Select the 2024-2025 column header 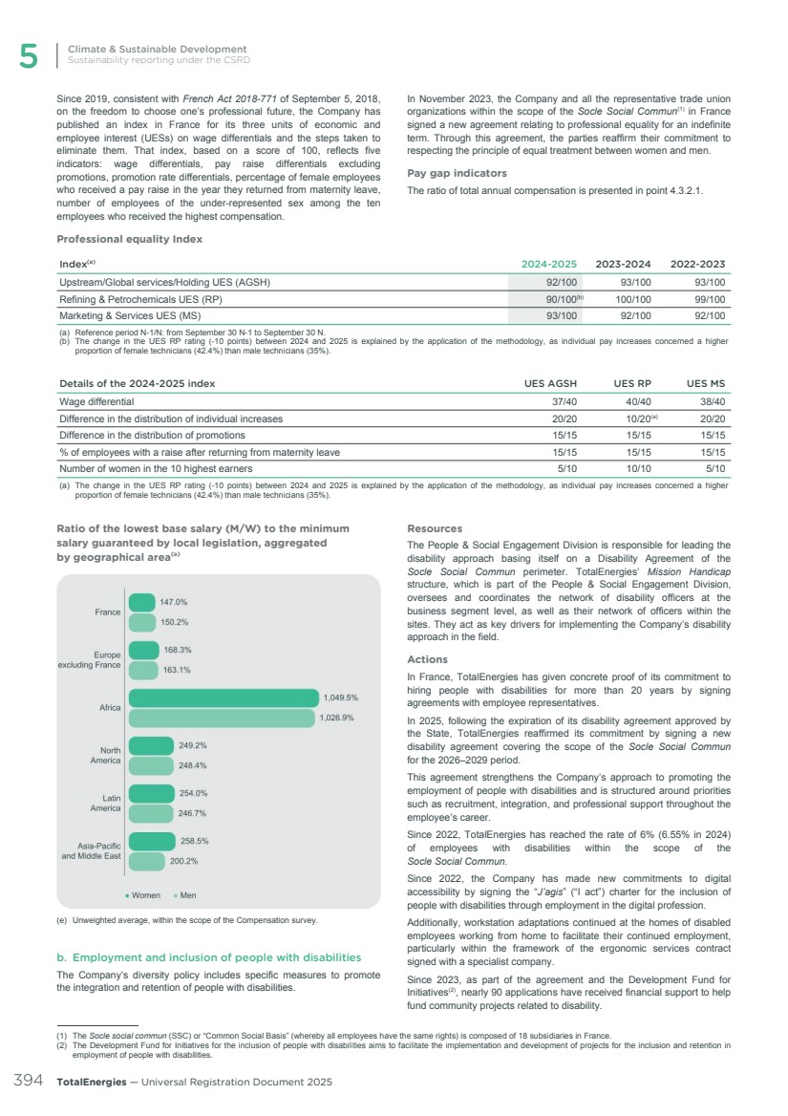547,264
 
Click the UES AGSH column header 548,383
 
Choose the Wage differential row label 97,401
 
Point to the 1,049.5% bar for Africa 223,697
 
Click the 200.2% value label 184,861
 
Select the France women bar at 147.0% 140,602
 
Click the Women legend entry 143,895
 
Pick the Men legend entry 185,895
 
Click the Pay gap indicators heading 457,173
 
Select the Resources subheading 435,527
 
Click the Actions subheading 427,659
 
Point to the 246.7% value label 194,813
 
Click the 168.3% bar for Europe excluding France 143,650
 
